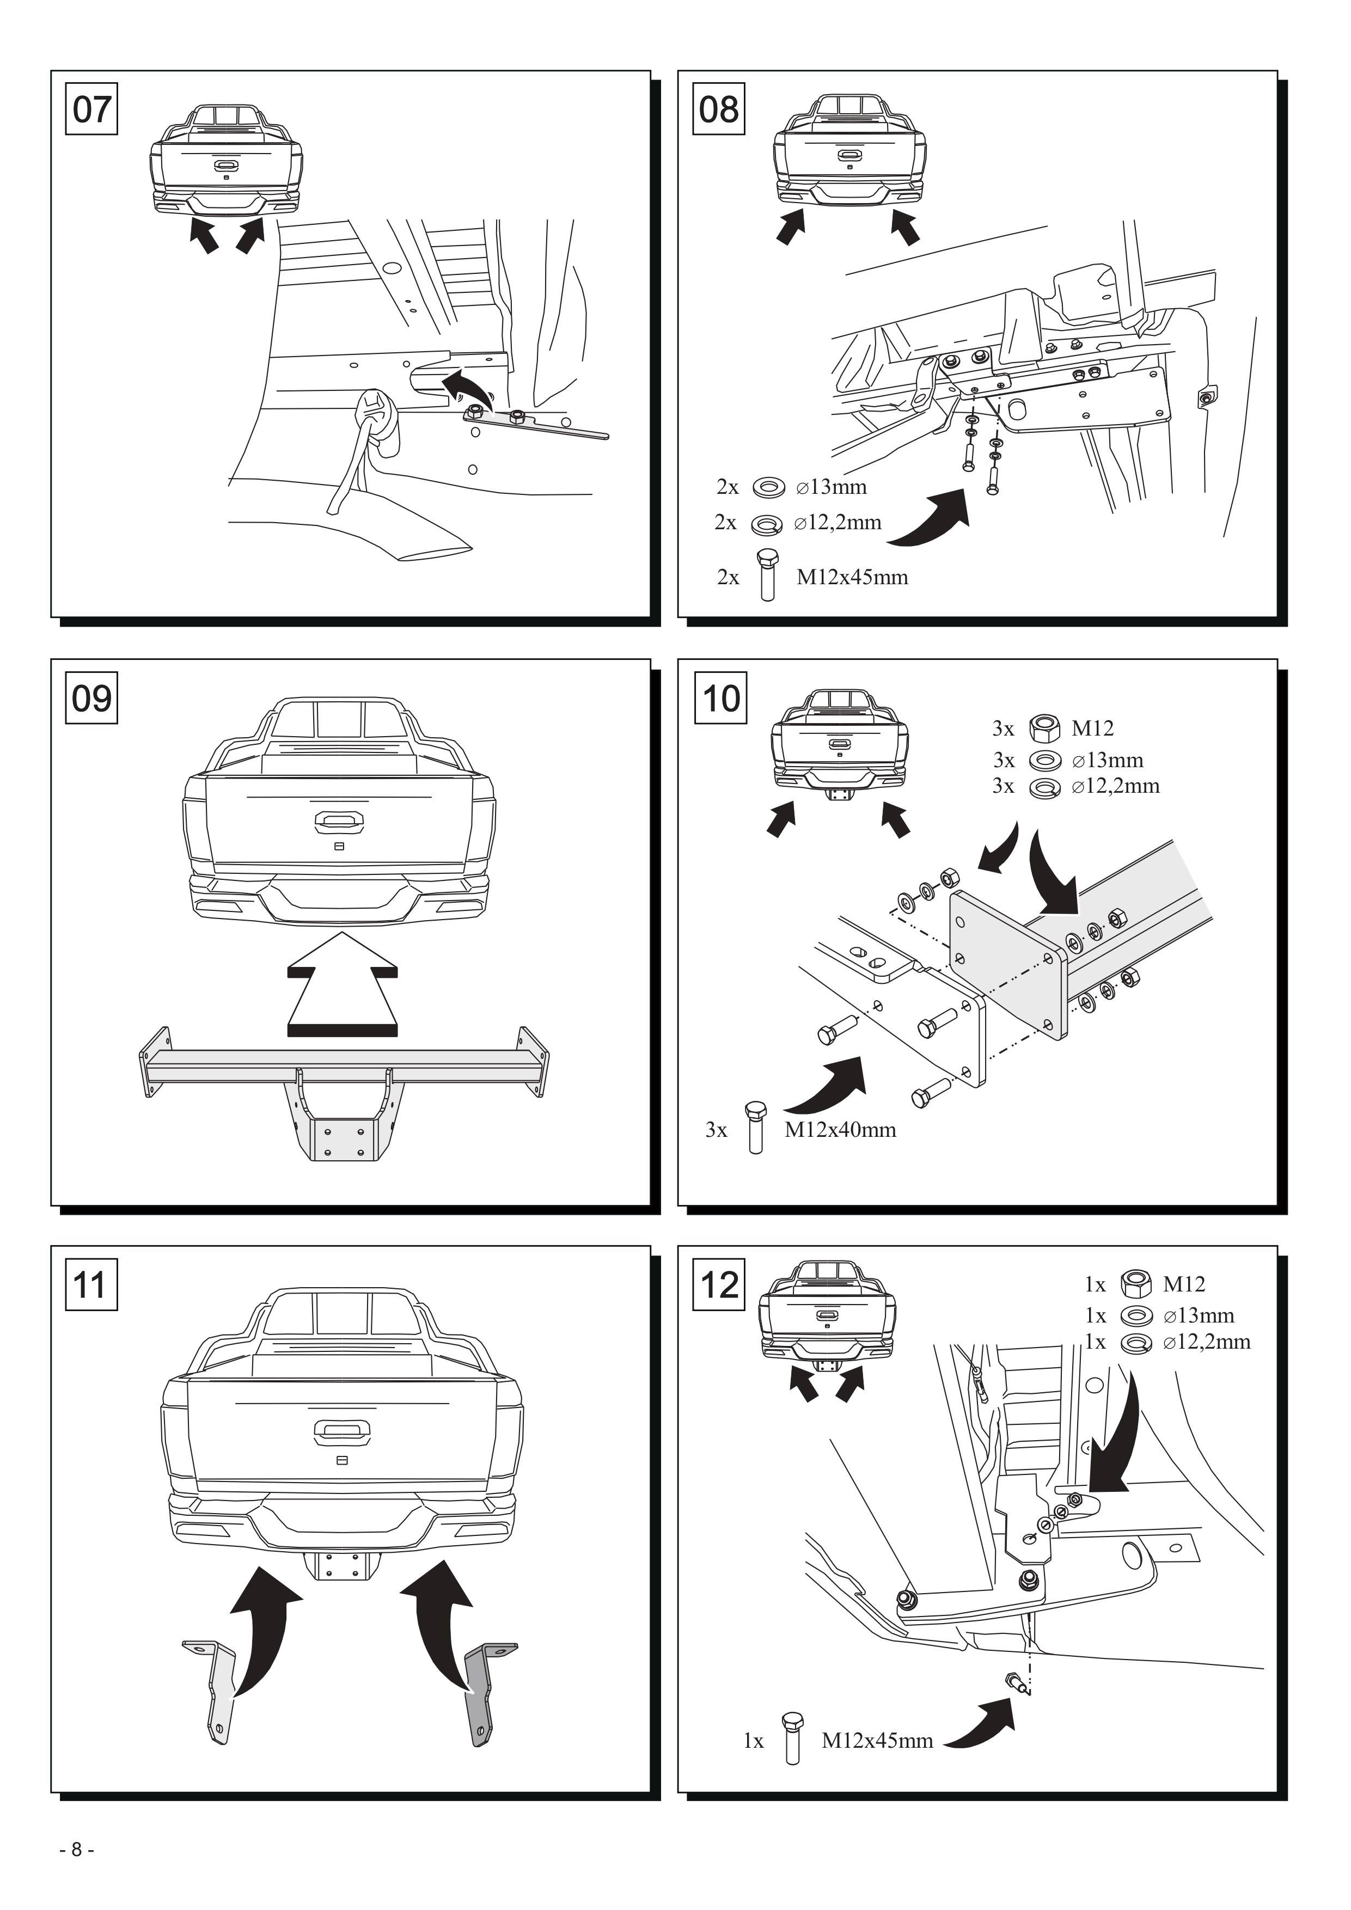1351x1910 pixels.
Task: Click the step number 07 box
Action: [91, 109]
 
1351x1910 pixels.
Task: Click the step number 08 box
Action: [719, 109]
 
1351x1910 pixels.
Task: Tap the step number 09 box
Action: [91, 698]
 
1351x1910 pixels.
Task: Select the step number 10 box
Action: [719, 698]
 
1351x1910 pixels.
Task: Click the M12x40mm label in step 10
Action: [840, 1130]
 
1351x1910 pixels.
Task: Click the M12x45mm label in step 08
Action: [852, 577]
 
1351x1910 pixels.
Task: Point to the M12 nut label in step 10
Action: [1092, 729]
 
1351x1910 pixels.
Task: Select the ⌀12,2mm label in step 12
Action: [1206, 1342]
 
